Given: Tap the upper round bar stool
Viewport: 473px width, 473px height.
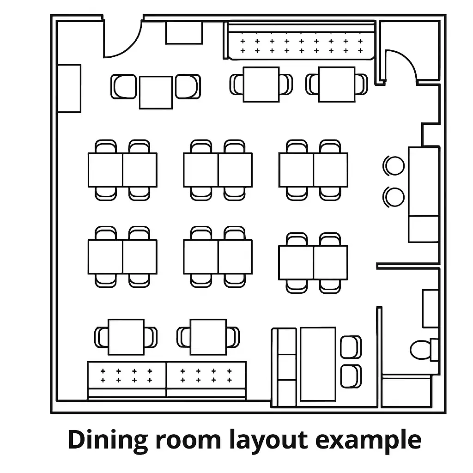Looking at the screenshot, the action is tap(394, 166).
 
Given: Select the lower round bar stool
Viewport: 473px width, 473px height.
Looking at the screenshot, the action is tap(394, 197).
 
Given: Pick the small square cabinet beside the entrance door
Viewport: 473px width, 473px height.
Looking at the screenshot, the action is tap(184, 33).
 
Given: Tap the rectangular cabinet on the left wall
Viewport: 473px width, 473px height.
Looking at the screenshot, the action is tap(69, 88).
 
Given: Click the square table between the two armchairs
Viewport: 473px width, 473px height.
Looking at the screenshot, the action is tap(156, 92).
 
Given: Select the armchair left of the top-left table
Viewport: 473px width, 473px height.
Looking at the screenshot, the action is tap(124, 86).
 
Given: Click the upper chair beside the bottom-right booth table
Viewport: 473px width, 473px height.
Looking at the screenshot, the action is tap(351, 347).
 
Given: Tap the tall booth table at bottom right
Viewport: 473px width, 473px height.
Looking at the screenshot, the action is tap(318, 364).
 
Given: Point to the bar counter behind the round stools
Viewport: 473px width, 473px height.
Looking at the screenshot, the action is tap(424, 194).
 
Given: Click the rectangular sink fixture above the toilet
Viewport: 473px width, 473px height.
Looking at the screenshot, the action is tap(431, 309).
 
